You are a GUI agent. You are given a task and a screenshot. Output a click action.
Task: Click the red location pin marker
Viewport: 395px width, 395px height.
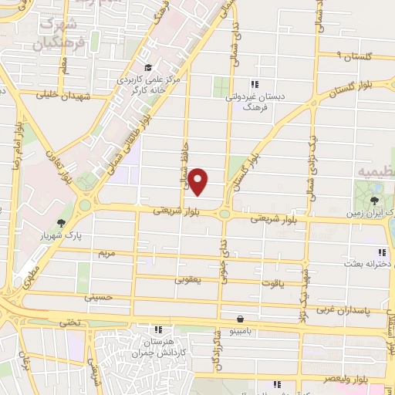(199, 182)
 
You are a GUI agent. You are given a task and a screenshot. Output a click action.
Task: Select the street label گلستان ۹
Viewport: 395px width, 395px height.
(342, 56)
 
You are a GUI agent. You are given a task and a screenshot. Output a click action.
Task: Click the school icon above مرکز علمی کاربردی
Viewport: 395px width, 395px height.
(157, 66)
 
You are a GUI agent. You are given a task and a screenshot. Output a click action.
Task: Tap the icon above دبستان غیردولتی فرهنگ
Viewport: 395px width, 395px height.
(255, 84)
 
